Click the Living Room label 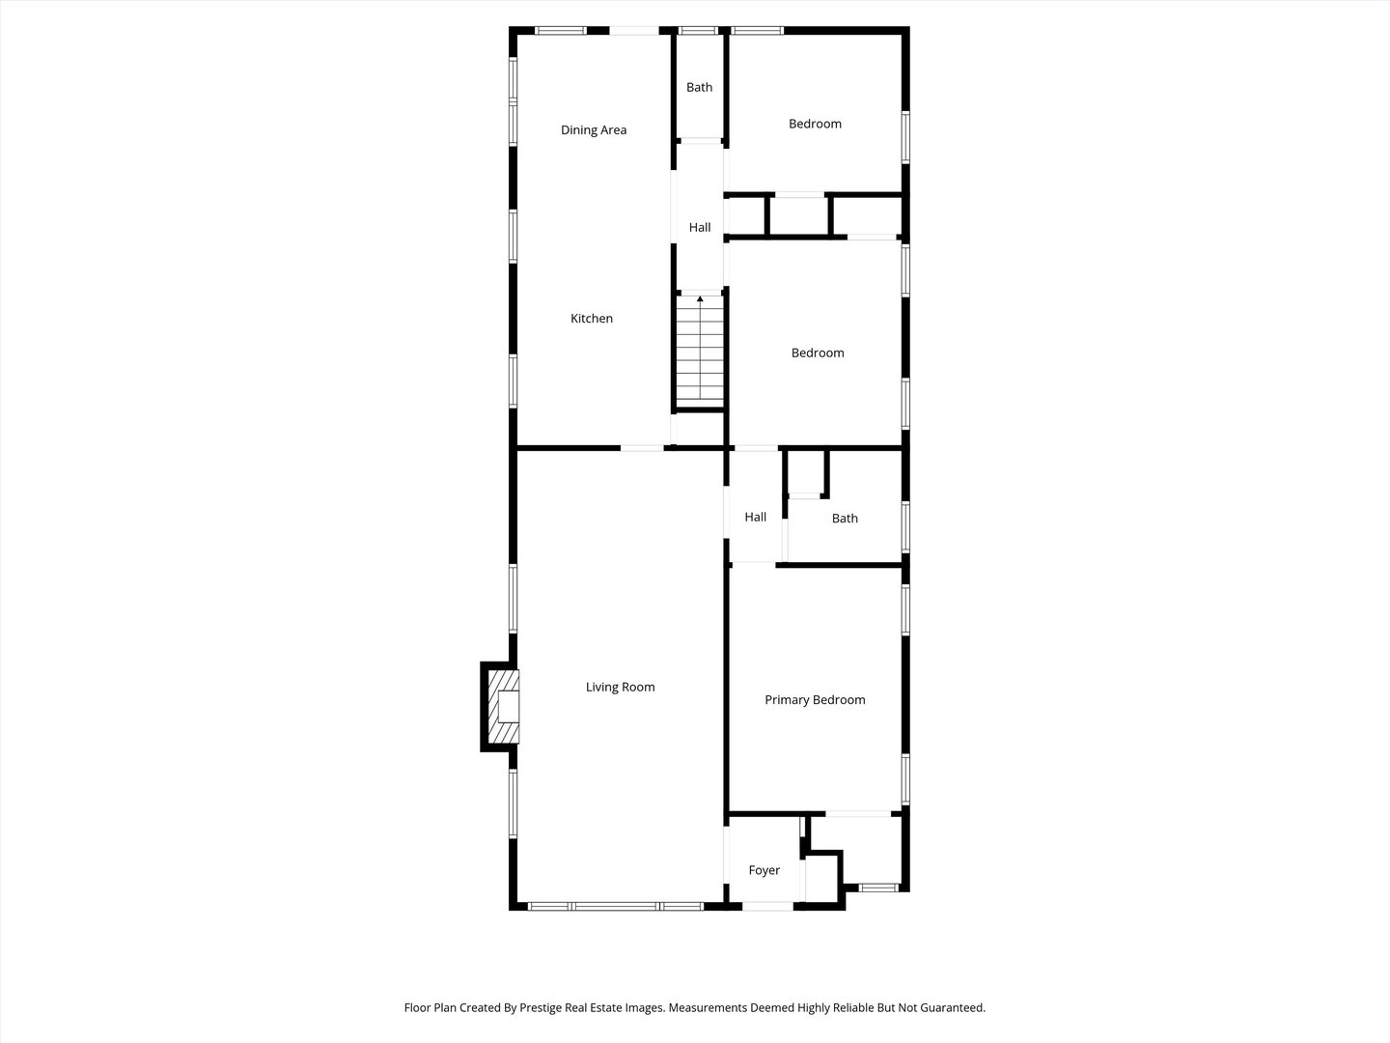click(x=620, y=688)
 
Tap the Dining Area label click(x=594, y=130)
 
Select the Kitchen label click(x=592, y=319)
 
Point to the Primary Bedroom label click(x=815, y=700)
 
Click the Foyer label click(x=764, y=871)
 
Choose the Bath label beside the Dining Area click(x=700, y=88)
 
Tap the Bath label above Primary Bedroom click(x=845, y=519)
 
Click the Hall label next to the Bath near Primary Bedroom click(x=756, y=518)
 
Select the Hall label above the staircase click(x=700, y=228)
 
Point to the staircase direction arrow click(x=700, y=300)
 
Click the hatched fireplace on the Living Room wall click(x=502, y=707)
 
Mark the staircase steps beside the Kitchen click(x=700, y=352)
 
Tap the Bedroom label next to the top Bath click(x=815, y=124)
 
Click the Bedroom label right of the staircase click(x=818, y=353)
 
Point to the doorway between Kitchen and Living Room click(x=642, y=448)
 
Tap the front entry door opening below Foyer click(x=768, y=906)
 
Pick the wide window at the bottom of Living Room click(x=616, y=906)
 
